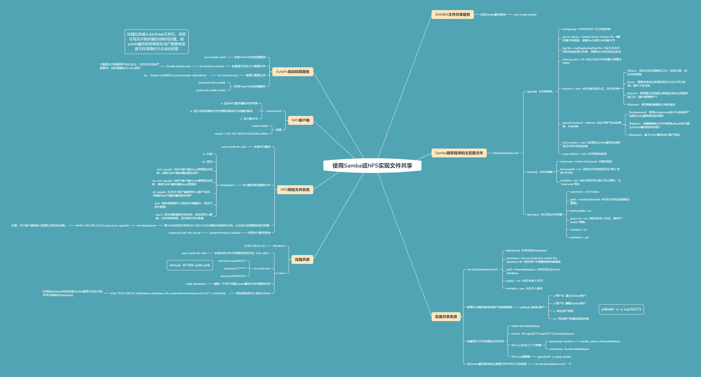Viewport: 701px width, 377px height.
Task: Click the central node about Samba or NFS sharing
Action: [372, 165]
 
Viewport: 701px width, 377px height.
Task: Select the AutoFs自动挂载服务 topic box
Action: [292, 71]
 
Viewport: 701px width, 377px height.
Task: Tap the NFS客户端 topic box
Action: [301, 120]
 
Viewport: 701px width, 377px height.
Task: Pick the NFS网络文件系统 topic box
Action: [295, 190]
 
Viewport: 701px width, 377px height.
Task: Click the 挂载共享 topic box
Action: [302, 260]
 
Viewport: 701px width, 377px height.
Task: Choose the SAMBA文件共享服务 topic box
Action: [452, 14]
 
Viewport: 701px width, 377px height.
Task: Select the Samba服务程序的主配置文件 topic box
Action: [459, 153]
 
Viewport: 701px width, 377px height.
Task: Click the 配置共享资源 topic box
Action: [446, 317]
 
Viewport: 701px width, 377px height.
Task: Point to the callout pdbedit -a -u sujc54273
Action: [621, 309]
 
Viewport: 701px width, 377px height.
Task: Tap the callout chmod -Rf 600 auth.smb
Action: [189, 265]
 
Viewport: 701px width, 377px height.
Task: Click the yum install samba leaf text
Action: [525, 15]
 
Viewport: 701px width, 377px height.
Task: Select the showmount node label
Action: [273, 111]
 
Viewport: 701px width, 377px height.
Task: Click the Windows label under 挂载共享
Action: [279, 246]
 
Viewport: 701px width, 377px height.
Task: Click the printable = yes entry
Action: [579, 238]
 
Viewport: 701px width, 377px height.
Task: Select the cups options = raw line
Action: [584, 154]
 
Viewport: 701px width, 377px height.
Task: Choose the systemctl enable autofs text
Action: [211, 90]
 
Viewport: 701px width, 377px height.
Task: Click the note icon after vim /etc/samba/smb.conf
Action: [570, 364]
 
